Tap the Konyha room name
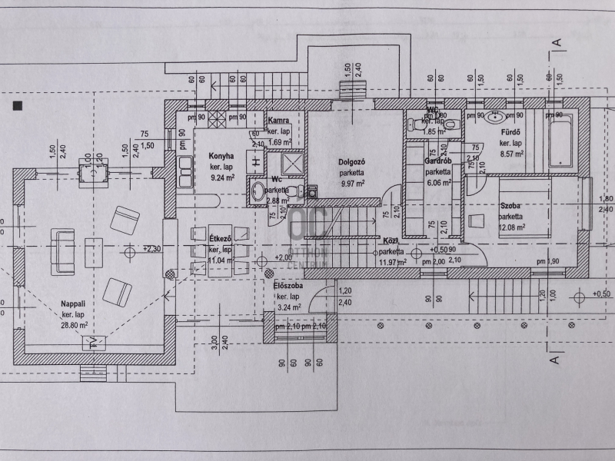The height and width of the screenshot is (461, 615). [x=221, y=156]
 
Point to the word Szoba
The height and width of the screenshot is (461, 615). [x=510, y=206]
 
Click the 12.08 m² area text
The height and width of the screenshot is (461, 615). [x=510, y=227]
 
